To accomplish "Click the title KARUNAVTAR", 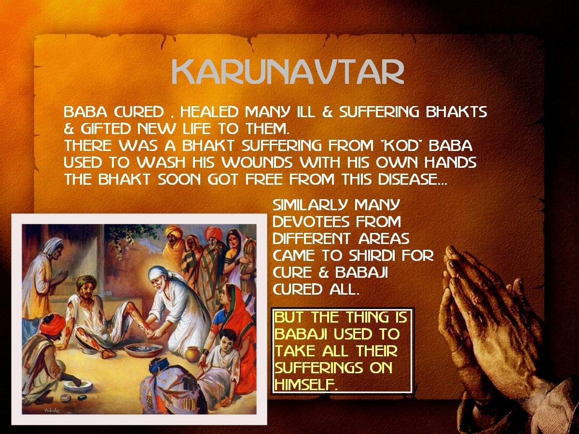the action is (x=288, y=72).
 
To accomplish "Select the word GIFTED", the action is (x=106, y=129).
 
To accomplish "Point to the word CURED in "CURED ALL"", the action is (x=298, y=289).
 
